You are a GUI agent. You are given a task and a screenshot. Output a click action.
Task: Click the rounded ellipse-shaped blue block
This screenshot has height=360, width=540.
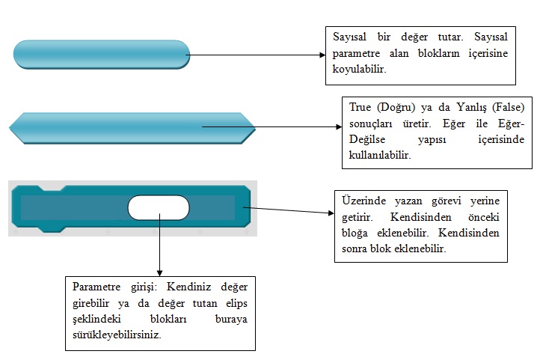tap(102, 55)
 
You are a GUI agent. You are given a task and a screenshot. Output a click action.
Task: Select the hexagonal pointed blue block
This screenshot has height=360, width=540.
tap(132, 128)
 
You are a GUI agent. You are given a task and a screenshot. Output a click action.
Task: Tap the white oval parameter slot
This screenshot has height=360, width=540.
tap(159, 207)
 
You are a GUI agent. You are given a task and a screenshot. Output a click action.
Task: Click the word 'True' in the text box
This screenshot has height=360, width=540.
tap(360, 107)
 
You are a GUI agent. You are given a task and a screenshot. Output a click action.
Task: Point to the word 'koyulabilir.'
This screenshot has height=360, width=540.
tap(359, 69)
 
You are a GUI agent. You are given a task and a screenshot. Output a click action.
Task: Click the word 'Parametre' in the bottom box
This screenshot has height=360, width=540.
tap(96, 287)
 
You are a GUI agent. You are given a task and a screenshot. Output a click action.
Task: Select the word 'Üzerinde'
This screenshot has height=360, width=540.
tap(363, 201)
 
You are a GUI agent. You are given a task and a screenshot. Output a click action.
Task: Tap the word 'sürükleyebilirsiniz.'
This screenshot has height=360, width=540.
tap(117, 335)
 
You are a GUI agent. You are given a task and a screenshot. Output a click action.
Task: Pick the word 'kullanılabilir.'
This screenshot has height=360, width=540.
tap(380, 155)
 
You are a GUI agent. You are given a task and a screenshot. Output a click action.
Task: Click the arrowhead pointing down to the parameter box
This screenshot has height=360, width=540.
tap(159, 273)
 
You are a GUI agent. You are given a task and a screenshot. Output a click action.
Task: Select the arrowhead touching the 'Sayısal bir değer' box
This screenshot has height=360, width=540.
tap(322, 55)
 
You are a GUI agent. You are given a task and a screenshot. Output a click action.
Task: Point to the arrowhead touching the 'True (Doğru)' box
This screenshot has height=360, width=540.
tap(339, 126)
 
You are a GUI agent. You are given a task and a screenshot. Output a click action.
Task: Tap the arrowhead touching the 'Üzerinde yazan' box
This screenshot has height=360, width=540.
tap(331, 213)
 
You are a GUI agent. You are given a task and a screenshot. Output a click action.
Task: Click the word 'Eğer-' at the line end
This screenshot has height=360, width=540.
tap(511, 123)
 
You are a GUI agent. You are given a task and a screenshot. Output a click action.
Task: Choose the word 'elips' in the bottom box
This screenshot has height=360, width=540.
tap(236, 304)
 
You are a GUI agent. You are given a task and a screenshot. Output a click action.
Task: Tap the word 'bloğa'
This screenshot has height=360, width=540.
tap(355, 234)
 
